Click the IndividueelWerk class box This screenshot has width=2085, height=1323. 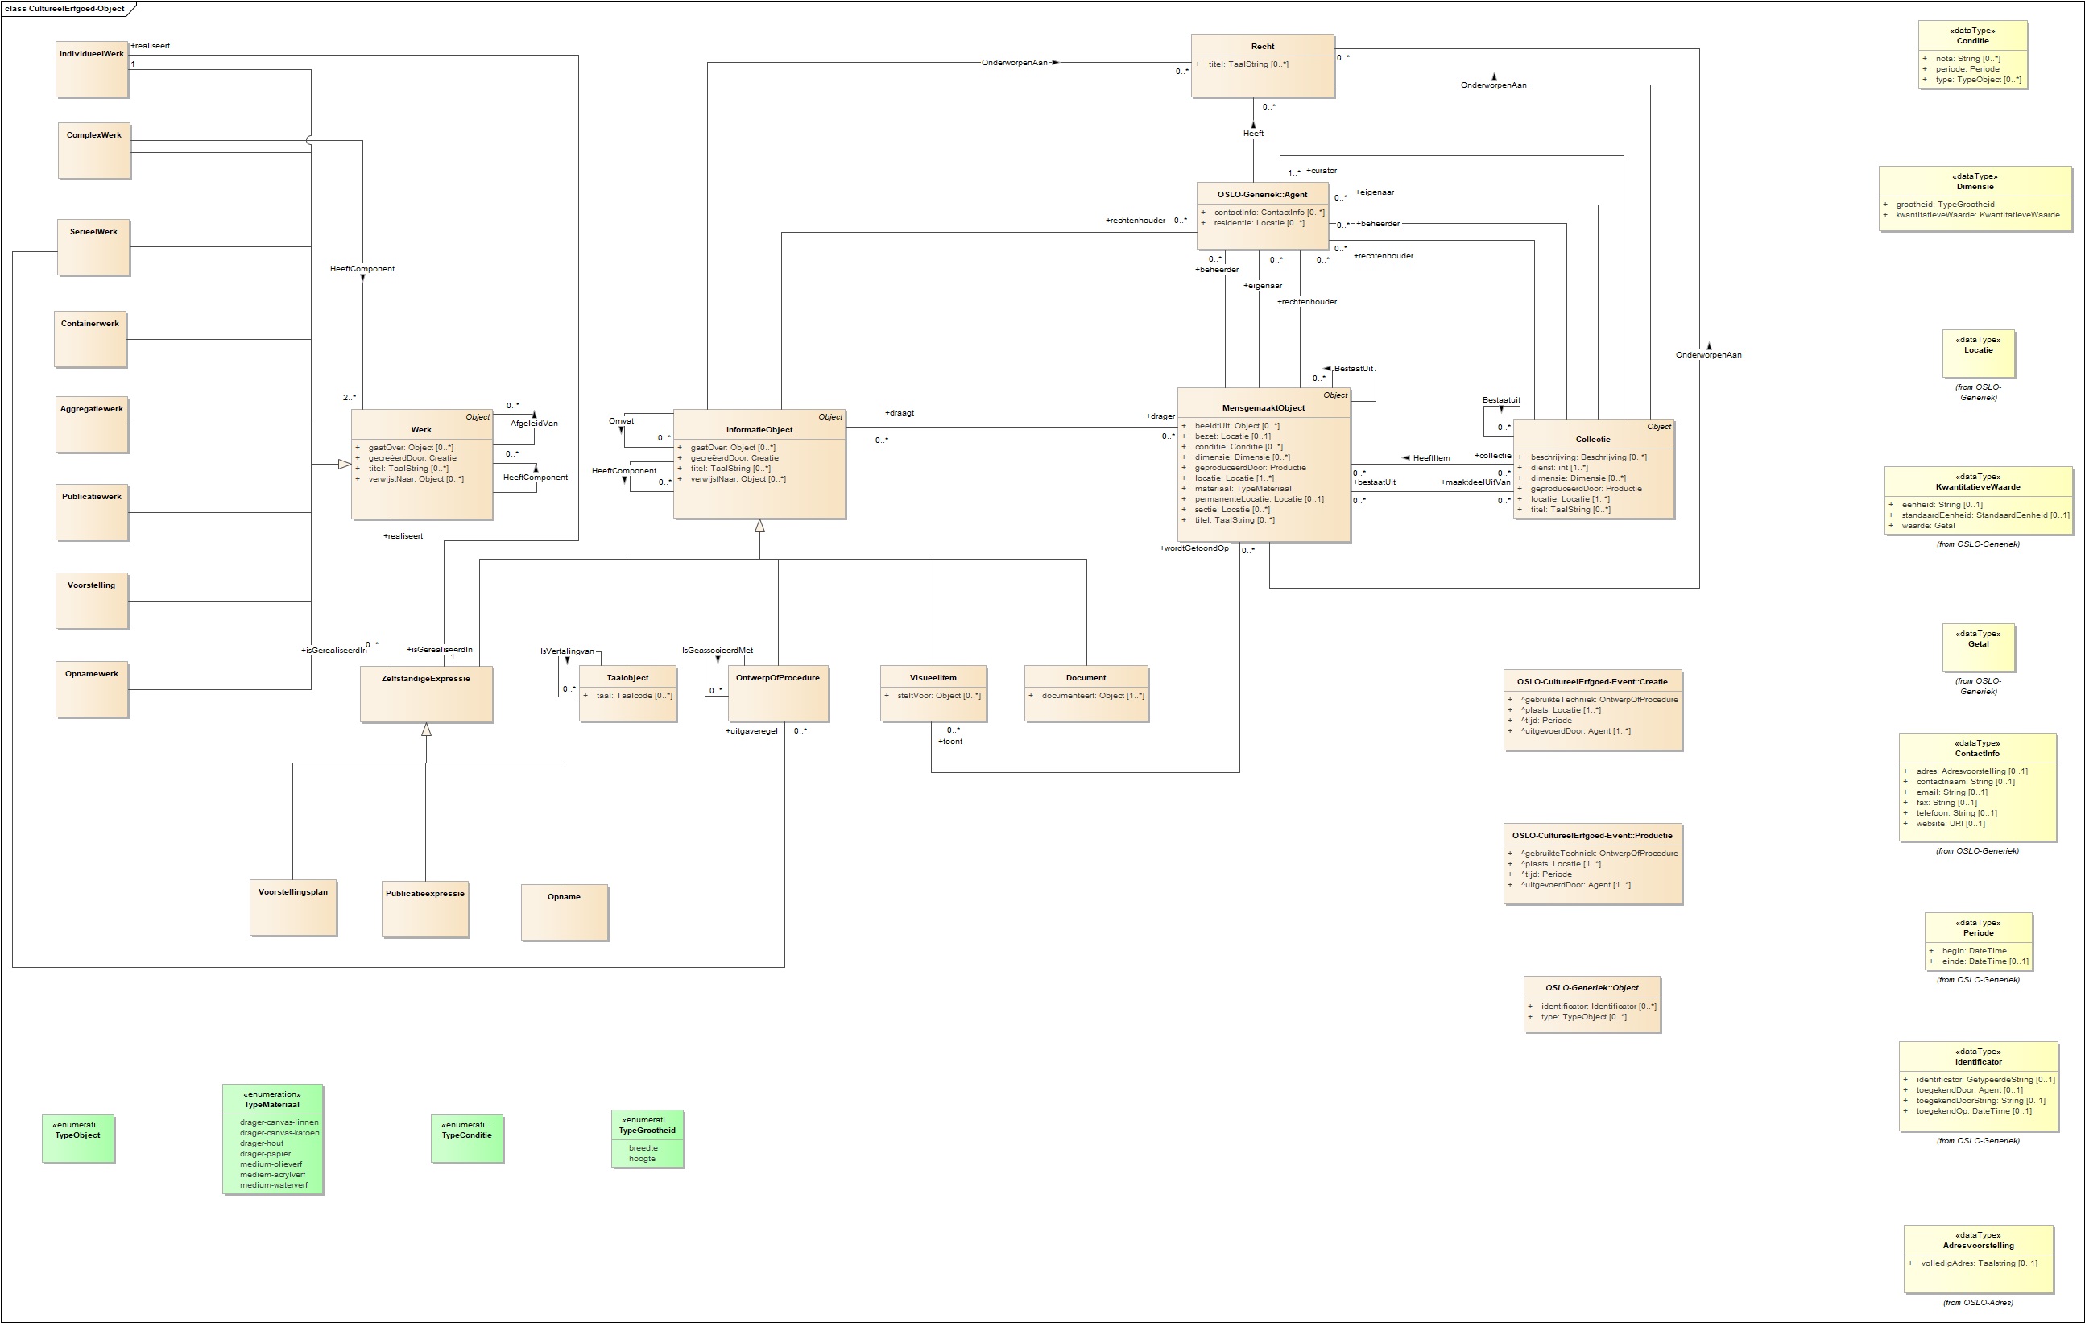(x=92, y=68)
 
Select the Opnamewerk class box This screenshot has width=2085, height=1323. (x=92, y=689)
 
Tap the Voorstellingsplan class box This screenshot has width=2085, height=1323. (x=292, y=907)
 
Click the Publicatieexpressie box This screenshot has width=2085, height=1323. (x=425, y=909)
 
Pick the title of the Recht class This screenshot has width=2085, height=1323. (x=1263, y=47)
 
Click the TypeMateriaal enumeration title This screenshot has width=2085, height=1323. (x=272, y=1105)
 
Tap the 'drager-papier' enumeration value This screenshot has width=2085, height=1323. (x=265, y=1154)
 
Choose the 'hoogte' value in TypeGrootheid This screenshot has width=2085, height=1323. (x=642, y=1159)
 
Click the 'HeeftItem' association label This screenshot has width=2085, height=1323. (x=1431, y=458)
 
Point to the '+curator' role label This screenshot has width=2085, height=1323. (x=1322, y=171)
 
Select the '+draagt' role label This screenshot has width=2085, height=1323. (x=900, y=413)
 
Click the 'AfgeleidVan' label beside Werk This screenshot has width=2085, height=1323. (x=533, y=424)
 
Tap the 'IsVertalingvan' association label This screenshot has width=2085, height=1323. (x=567, y=651)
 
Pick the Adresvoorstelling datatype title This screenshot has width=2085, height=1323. (x=1978, y=1246)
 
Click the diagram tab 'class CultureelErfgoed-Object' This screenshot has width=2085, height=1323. (x=65, y=9)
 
